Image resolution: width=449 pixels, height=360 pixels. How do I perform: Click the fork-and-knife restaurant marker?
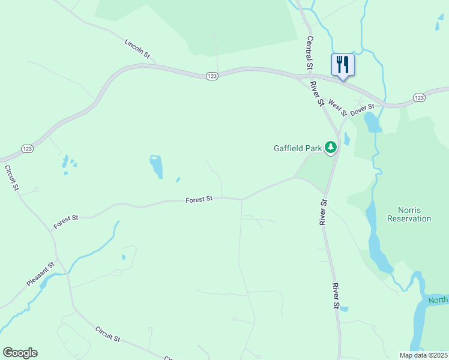343,64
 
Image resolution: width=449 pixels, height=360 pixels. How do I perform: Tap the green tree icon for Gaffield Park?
330,147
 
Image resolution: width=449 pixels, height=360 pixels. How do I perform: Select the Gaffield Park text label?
297,148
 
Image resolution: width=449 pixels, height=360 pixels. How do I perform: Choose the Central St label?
310,52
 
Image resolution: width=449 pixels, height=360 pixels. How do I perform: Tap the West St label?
337,107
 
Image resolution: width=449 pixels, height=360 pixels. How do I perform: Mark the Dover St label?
362,109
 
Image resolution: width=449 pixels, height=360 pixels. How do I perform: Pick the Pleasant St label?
41,273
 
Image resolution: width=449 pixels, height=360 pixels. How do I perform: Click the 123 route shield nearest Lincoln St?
211,76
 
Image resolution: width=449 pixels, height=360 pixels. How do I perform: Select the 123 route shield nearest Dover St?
419,97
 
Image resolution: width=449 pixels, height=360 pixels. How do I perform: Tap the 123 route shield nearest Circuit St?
26,148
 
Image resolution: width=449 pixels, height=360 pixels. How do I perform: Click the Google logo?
20,353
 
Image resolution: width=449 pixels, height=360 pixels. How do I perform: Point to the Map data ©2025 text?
423,355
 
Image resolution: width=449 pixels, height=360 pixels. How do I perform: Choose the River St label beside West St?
317,94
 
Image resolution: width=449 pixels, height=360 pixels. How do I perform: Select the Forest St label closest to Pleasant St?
66,221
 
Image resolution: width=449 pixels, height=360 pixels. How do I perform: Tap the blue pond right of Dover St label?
372,122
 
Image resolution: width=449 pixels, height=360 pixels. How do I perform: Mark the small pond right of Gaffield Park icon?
346,139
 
